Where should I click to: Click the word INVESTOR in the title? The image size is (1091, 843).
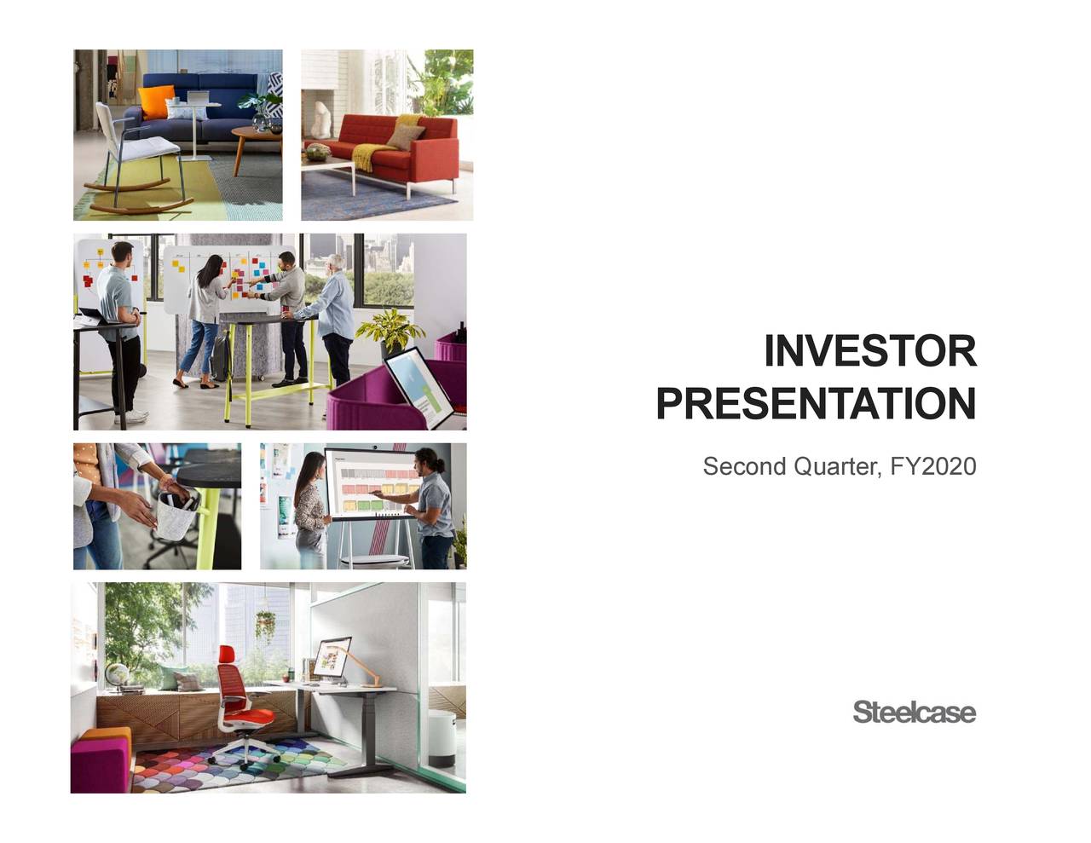[x=869, y=352]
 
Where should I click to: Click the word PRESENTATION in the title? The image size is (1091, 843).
[x=816, y=403]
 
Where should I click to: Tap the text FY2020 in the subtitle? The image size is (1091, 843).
[x=932, y=467]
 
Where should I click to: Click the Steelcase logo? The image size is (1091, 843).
[x=914, y=713]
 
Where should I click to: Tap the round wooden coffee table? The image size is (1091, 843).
[x=257, y=136]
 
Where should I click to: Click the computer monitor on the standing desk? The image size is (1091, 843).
[x=332, y=656]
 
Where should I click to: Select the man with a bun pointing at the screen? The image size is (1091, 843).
[x=434, y=507]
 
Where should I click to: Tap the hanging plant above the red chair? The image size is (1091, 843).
[x=265, y=625]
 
